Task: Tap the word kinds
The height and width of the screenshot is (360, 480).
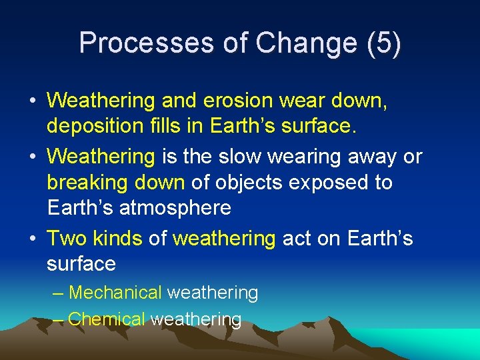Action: (117, 238)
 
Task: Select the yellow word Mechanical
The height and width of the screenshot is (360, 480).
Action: (115, 293)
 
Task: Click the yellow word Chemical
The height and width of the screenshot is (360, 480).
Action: (106, 319)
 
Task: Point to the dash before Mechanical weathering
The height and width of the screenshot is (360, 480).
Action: (58, 293)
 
